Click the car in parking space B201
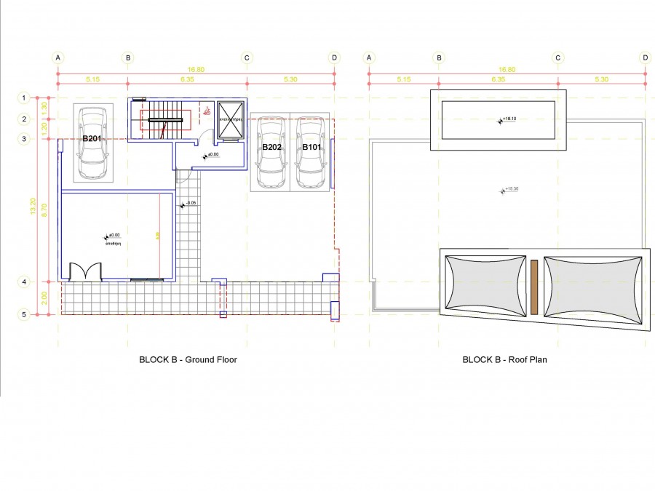click(x=92, y=143)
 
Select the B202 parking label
click(x=271, y=147)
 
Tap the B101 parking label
click(x=311, y=147)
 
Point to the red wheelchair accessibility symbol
click(x=207, y=111)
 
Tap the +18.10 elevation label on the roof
click(x=507, y=121)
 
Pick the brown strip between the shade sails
click(x=534, y=287)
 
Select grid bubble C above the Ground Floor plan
click(x=247, y=57)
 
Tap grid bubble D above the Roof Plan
click(x=645, y=57)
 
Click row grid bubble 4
click(x=24, y=282)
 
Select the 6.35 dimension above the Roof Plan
click(x=499, y=79)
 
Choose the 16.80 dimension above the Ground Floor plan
click(x=196, y=70)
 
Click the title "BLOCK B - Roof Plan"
click(x=508, y=359)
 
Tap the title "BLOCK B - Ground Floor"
click(x=188, y=359)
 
